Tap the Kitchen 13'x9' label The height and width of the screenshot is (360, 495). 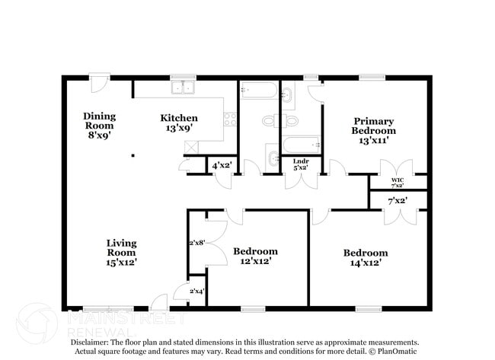pyautogui.click(x=179, y=123)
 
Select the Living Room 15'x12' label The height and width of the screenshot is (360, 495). pyautogui.click(x=121, y=252)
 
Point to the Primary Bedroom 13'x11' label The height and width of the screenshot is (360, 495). pyautogui.click(x=373, y=130)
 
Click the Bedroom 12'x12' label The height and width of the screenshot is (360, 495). pyautogui.click(x=255, y=256)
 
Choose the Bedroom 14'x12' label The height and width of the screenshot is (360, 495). pyautogui.click(x=365, y=257)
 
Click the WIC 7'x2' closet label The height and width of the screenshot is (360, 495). pyautogui.click(x=398, y=182)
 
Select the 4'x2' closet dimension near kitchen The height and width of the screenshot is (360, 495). pyautogui.click(x=222, y=165)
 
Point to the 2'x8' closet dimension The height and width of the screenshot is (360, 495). pyautogui.click(x=197, y=244)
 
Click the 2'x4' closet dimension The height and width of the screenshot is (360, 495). pyautogui.click(x=196, y=290)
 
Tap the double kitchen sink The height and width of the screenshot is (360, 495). pyautogui.click(x=184, y=88)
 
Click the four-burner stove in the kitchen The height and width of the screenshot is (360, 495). pyautogui.click(x=230, y=119)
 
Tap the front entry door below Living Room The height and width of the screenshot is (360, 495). pyautogui.click(x=158, y=302)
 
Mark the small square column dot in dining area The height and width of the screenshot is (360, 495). pyautogui.click(x=133, y=155)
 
